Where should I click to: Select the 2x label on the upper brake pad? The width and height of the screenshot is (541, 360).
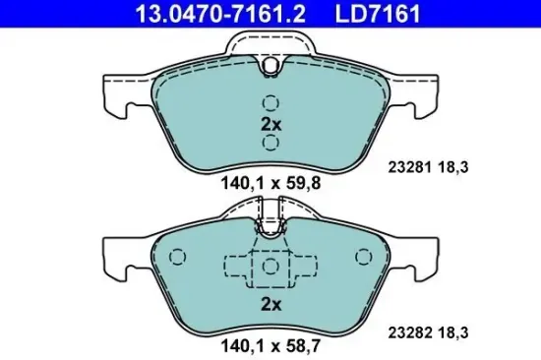point(270,124)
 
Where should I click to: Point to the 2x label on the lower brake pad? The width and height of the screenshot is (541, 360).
point(270,304)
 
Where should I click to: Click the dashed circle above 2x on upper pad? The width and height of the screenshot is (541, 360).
point(270,102)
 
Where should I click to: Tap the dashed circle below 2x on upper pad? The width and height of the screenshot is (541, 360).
point(270,144)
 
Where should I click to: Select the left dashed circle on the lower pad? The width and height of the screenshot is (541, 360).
point(178,258)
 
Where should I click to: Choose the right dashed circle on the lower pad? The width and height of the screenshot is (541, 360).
point(363,258)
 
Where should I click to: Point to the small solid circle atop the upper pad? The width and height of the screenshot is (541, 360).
point(270,65)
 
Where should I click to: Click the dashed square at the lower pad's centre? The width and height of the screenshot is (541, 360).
point(270,266)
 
